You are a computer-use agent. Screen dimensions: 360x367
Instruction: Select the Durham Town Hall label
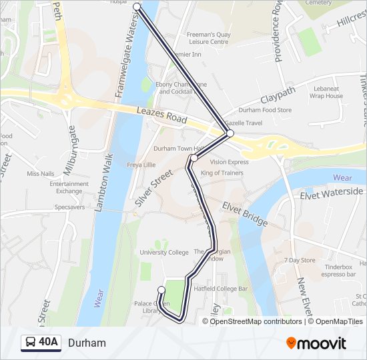tap(173, 149)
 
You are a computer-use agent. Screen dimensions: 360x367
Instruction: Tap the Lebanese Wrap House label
tap(326, 92)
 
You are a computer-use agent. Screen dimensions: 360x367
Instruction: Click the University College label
tap(164, 253)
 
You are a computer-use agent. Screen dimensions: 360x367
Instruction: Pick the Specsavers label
tap(69, 207)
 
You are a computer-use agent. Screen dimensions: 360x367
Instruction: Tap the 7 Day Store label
tap(299, 260)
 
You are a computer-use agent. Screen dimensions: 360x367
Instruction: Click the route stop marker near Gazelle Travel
tap(230, 133)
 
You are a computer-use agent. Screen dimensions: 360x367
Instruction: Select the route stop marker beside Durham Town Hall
tap(194, 158)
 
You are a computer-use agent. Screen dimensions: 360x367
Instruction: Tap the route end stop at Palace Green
tap(161, 289)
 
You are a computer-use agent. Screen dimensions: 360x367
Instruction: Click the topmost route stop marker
tap(137, 6)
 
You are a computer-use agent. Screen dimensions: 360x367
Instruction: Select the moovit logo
tap(316, 343)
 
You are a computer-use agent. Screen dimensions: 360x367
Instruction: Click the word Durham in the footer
tap(87, 343)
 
